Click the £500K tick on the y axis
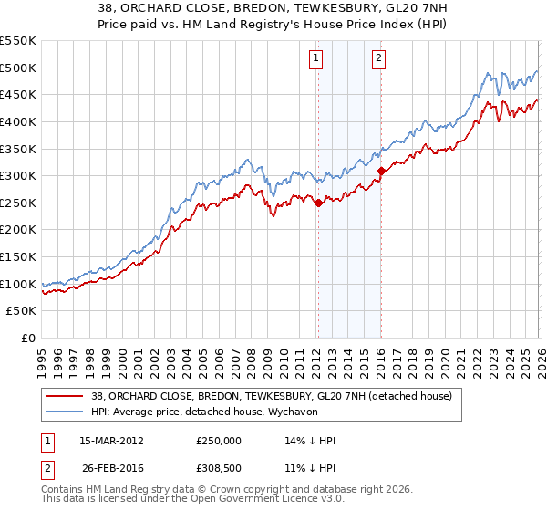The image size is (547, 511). pyautogui.click(x=18, y=68)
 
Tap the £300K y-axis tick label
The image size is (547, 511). pyautogui.click(x=18, y=175)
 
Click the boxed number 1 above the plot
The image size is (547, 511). pyautogui.click(x=316, y=59)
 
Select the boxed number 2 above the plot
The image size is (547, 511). pyautogui.click(x=378, y=59)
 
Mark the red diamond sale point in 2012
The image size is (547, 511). pyautogui.click(x=318, y=203)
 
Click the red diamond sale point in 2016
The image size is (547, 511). pyautogui.click(x=381, y=171)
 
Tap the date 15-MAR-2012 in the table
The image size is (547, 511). pyautogui.click(x=112, y=441)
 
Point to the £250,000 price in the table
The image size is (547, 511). pyautogui.click(x=218, y=441)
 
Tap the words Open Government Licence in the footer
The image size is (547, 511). pyautogui.click(x=242, y=501)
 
